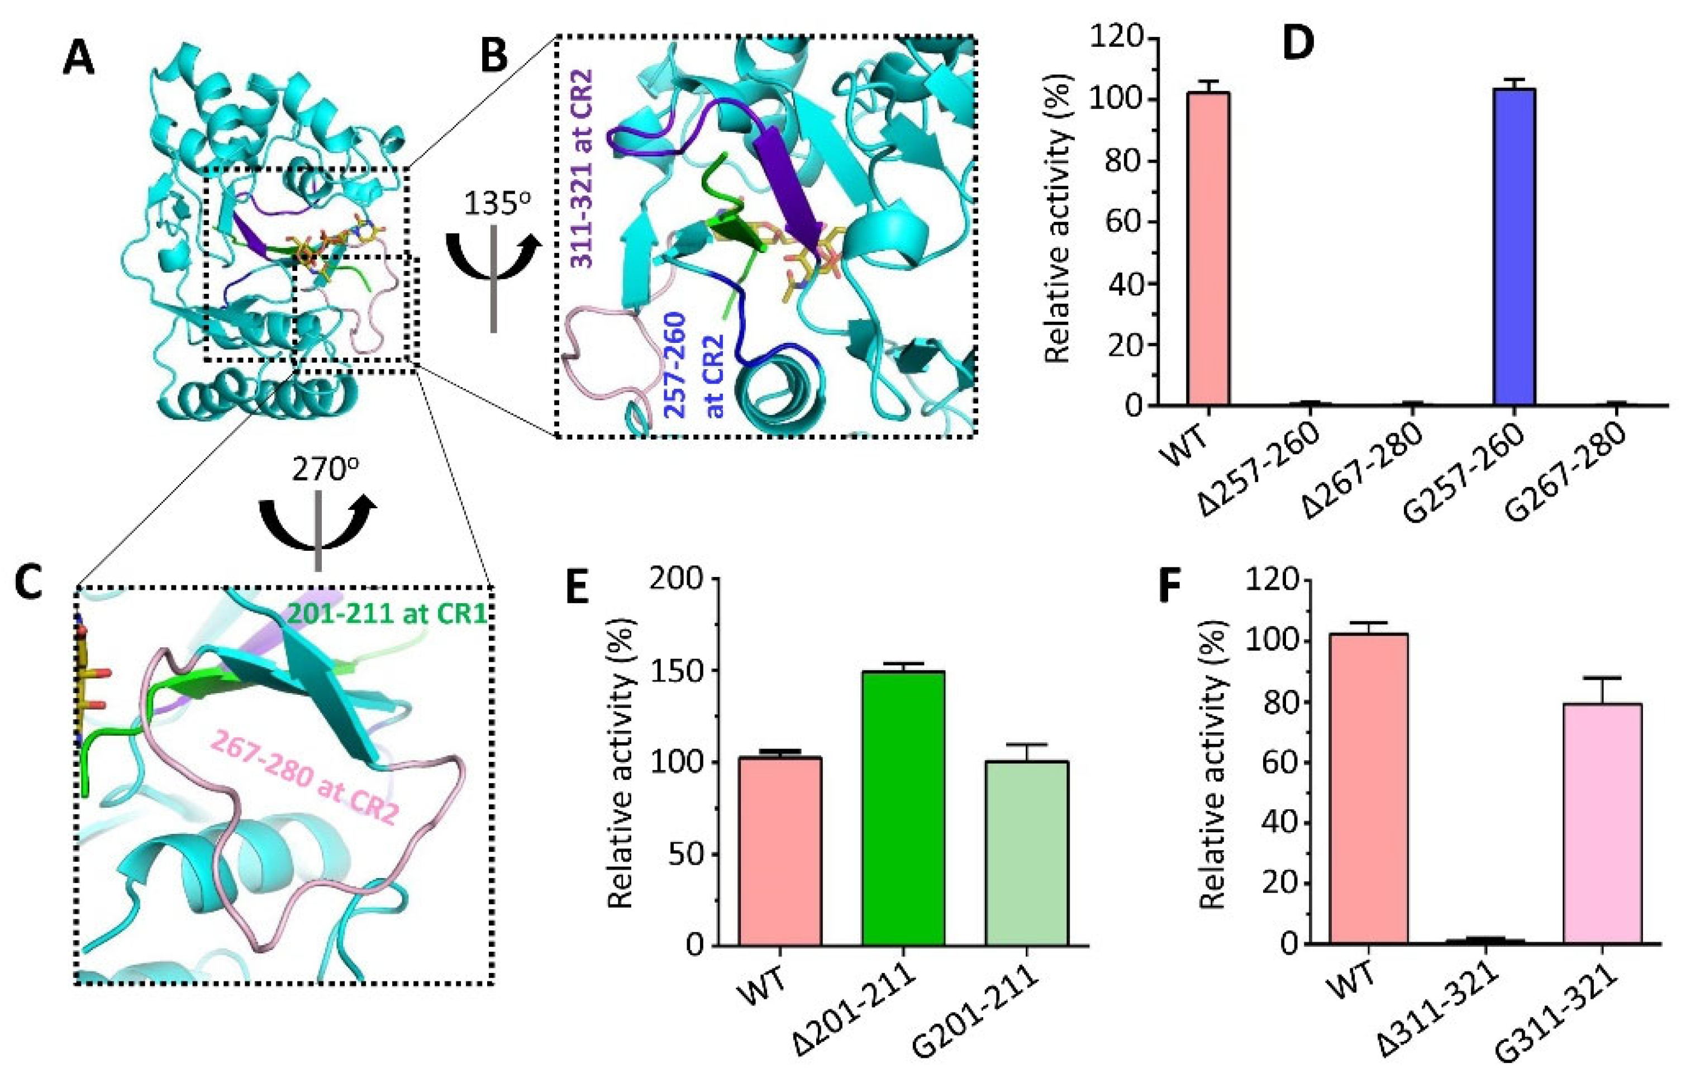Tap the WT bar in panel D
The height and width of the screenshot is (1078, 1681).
1208,249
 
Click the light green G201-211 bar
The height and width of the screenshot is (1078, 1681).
1026,853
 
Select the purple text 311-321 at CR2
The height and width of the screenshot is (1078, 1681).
583,169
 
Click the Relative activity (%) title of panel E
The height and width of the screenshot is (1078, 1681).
620,763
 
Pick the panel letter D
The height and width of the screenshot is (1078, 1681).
1297,44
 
